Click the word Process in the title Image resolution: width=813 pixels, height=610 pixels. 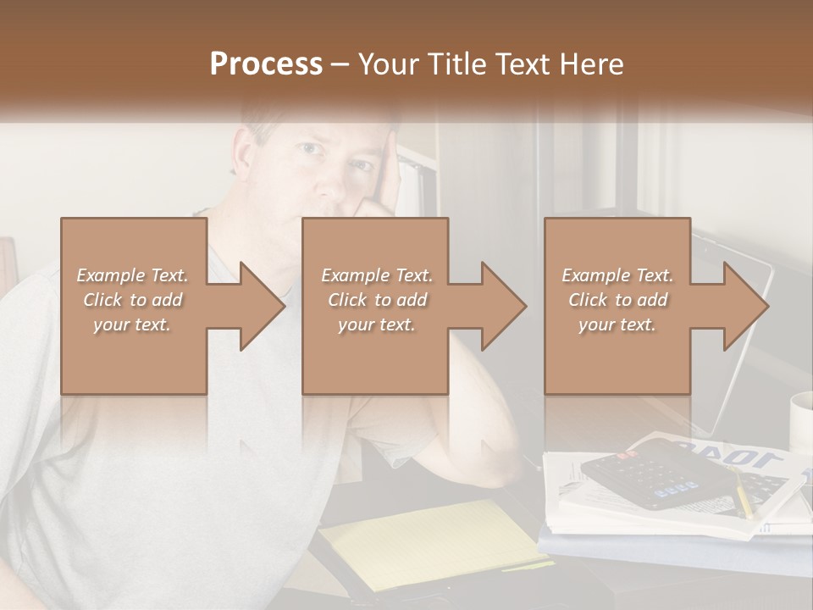tap(266, 64)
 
